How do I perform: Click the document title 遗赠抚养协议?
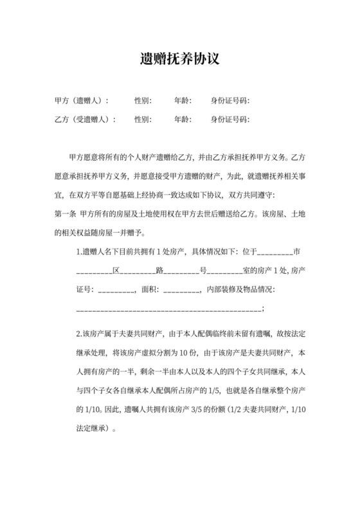[x=180, y=60]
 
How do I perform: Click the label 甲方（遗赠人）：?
[x=82, y=101]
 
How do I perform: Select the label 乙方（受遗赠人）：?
[x=85, y=120]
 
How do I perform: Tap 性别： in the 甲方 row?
[x=143, y=101]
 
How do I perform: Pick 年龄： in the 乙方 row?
[x=183, y=120]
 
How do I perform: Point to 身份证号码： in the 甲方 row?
[x=230, y=101]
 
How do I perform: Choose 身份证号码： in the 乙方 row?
[x=230, y=120]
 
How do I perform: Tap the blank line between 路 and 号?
[x=181, y=271]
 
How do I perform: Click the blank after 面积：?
[x=182, y=290]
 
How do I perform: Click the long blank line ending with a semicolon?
[x=168, y=309]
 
